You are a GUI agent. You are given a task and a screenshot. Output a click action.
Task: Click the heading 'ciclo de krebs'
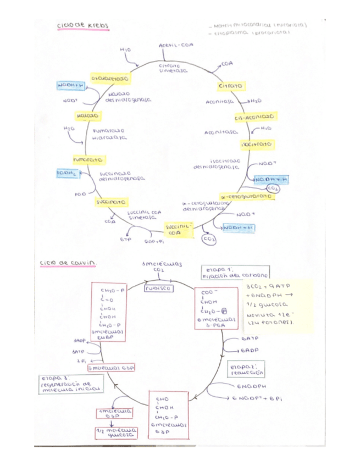(x=83, y=25)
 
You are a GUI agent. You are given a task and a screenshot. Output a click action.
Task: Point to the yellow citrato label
(x=231, y=86)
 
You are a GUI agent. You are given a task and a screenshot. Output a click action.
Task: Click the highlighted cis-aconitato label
(x=255, y=117)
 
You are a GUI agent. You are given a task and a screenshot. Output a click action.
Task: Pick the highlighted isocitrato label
(x=257, y=144)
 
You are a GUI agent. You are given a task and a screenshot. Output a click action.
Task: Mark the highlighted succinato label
(x=107, y=202)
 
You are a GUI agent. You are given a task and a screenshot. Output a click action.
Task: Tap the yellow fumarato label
(x=89, y=159)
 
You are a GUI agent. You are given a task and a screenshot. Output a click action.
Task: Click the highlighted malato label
(x=87, y=116)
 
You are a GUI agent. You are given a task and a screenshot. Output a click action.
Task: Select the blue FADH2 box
(x=68, y=174)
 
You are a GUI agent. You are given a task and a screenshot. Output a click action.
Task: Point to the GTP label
(x=125, y=240)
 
